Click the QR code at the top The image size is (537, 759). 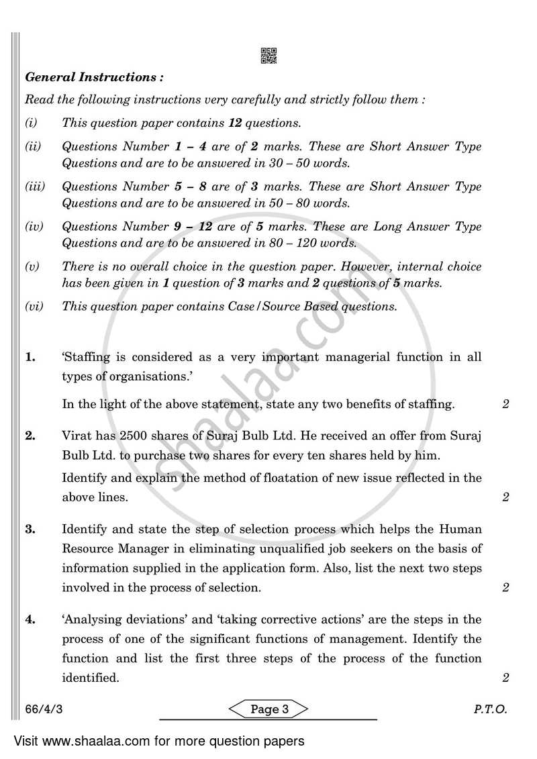tap(268, 56)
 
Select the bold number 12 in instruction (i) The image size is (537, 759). tap(234, 123)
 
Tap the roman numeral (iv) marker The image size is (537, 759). tap(34, 227)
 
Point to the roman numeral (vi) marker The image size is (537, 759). tap(34, 307)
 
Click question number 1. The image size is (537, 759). tap(30, 357)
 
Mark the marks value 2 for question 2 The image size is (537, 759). tap(505, 497)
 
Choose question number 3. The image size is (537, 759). tap(30, 529)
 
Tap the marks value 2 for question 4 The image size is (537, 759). tap(505, 678)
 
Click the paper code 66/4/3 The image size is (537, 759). tap(40, 709)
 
